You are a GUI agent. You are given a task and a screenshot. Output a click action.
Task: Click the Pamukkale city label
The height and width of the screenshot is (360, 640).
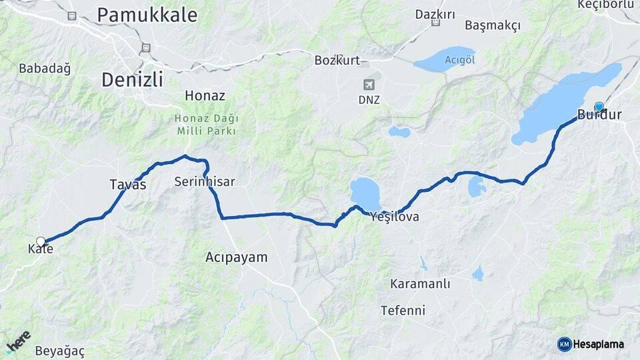point(147,15)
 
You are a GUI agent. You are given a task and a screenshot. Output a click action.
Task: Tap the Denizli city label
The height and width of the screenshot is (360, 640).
point(132,80)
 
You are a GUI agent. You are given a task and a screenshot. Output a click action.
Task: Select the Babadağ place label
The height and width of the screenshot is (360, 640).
point(45,68)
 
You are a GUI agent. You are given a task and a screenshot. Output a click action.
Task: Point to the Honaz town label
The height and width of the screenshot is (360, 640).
point(205,95)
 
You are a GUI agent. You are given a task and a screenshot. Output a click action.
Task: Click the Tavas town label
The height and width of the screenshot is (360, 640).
point(127,185)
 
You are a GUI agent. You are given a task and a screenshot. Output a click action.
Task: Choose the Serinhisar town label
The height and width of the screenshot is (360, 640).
point(204,181)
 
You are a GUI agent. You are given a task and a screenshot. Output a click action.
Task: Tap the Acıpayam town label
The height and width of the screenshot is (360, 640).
point(236,257)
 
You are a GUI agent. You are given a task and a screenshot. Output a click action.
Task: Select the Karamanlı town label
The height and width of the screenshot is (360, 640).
point(420,284)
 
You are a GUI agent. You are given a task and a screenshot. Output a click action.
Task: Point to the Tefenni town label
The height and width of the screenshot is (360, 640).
point(403,310)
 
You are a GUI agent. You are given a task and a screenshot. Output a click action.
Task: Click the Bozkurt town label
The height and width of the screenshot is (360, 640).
point(337,61)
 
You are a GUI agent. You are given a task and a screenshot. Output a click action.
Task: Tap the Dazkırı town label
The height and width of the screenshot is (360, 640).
point(435,14)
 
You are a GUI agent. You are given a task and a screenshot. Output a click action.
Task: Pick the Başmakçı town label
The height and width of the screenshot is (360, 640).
point(493,25)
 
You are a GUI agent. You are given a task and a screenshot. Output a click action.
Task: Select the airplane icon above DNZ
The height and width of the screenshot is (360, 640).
point(368,85)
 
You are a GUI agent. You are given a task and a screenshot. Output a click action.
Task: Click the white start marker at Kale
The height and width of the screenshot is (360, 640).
point(41,241)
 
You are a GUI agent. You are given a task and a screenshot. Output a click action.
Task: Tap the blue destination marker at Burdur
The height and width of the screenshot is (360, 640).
point(599,107)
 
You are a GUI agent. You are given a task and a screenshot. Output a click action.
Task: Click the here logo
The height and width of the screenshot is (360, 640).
point(19,341)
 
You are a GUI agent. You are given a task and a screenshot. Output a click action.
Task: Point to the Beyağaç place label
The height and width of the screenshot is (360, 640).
point(60,351)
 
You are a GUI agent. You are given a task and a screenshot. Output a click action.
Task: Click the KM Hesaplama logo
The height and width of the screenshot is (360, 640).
point(591,344)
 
